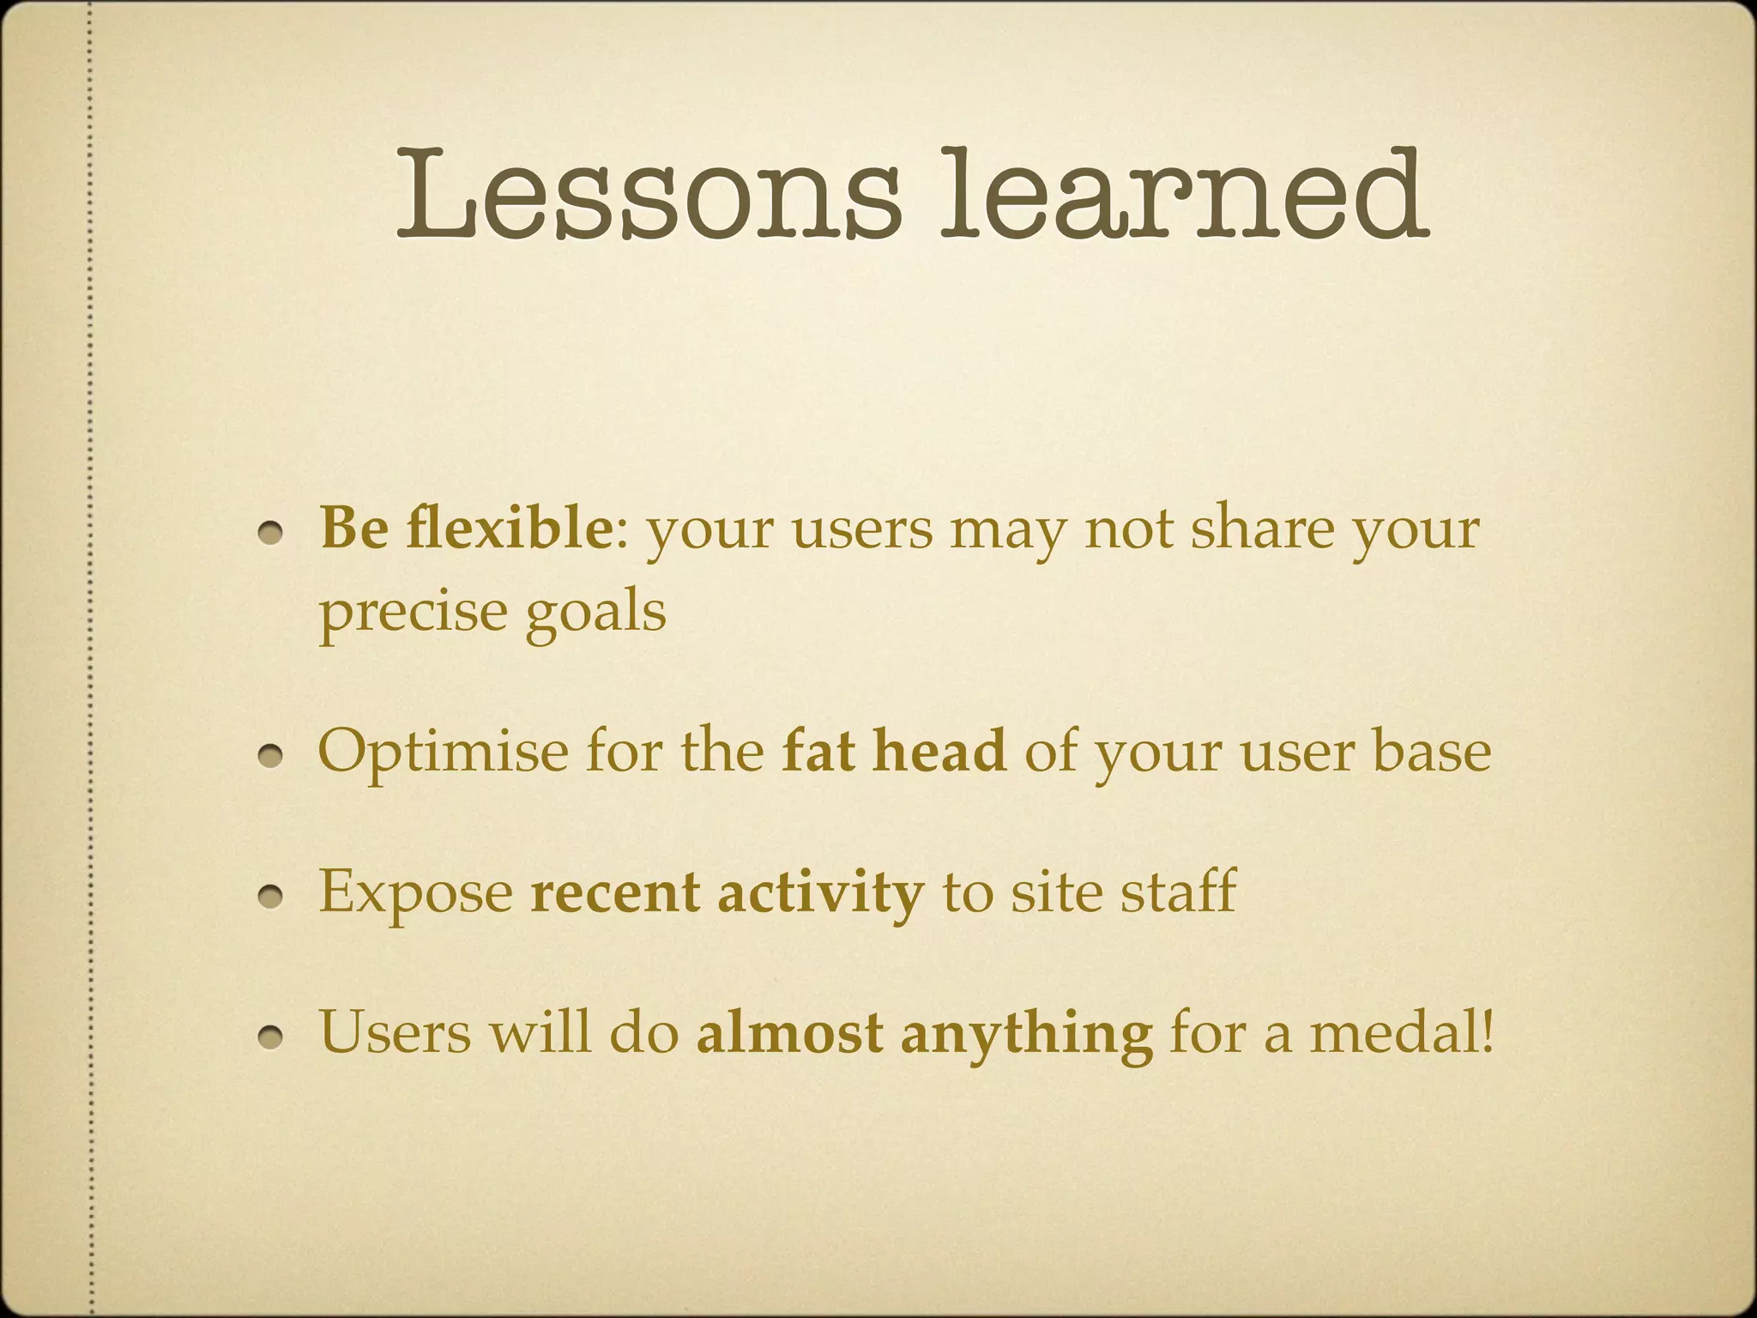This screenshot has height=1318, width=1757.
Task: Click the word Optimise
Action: (x=443, y=752)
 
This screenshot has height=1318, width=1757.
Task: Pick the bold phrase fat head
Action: (x=893, y=752)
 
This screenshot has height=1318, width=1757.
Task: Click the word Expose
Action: (x=416, y=892)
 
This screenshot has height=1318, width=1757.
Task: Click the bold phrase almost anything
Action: (x=924, y=1033)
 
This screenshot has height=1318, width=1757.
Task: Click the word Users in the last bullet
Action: (x=395, y=1033)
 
